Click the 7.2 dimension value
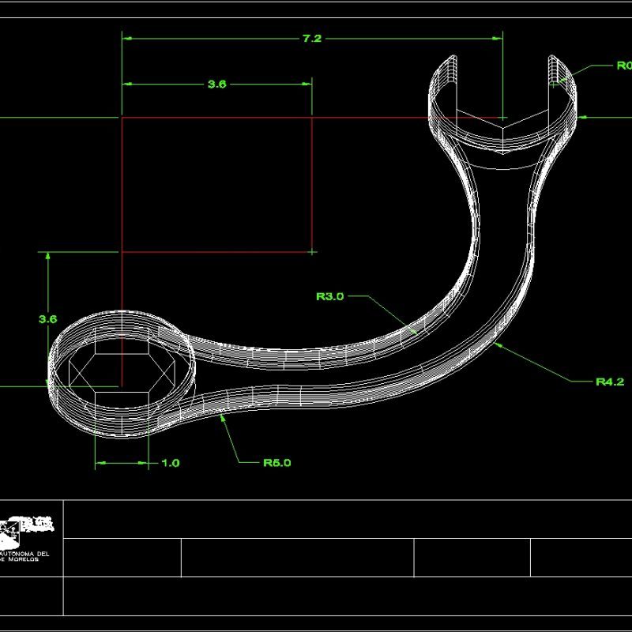click(x=312, y=39)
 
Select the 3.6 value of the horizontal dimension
click(x=216, y=84)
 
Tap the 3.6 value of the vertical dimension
click(x=47, y=319)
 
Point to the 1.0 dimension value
click(x=170, y=463)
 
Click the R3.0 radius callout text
click(x=329, y=297)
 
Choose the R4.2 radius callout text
click(x=609, y=382)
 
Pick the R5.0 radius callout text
click(x=276, y=463)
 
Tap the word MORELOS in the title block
click(x=32, y=559)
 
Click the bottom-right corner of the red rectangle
click(x=312, y=252)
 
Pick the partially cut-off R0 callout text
click(x=623, y=66)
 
